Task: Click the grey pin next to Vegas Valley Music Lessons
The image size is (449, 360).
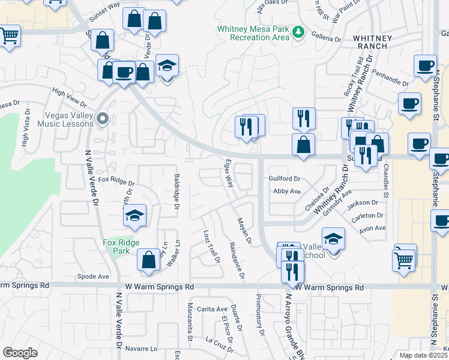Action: coord(103,118)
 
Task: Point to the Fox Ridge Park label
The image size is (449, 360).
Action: coord(121,247)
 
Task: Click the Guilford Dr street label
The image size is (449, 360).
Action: coord(285,179)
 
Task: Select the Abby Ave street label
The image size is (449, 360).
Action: coord(286,191)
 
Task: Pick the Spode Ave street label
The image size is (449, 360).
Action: coord(93,277)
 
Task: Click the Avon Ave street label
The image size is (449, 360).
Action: coord(372,228)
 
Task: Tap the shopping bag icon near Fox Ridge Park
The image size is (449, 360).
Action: coord(148,260)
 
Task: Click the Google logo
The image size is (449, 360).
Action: coord(20,353)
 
